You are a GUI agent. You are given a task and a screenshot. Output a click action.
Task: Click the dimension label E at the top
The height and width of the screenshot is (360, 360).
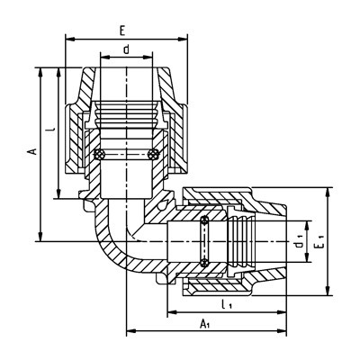coord(122,31)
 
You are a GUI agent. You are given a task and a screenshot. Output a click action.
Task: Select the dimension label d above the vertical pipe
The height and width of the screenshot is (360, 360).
coord(127,49)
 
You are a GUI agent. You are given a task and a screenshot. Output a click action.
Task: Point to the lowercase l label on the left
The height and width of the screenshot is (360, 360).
coord(52,130)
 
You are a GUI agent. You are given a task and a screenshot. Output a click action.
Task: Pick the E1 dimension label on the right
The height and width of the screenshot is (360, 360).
coord(319,242)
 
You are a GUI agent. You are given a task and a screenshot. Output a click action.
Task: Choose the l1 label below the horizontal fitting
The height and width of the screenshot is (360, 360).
coord(227,305)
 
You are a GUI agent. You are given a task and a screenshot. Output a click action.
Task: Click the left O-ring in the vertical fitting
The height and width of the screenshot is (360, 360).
coord(99,155)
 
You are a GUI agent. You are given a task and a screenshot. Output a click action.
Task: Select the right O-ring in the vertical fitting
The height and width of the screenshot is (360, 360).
coord(153,155)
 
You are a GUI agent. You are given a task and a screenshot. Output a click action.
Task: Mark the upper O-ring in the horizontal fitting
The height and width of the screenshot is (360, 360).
coord(205,221)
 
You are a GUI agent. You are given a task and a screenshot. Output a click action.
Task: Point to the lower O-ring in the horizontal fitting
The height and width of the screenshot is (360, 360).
coord(205,262)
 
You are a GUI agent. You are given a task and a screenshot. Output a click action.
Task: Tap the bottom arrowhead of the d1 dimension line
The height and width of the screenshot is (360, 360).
coord(307,257)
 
